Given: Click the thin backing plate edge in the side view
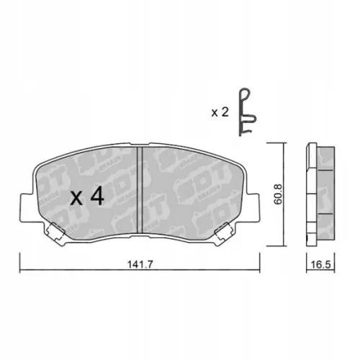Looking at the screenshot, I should coord(310,193).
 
